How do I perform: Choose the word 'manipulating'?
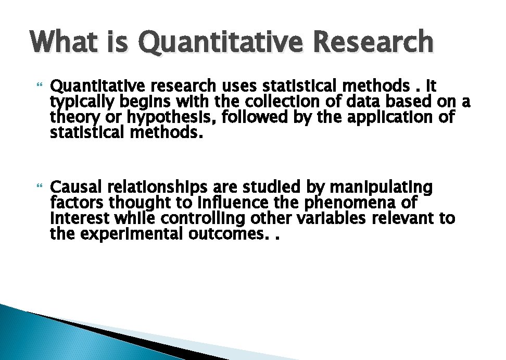coord(382,187)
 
